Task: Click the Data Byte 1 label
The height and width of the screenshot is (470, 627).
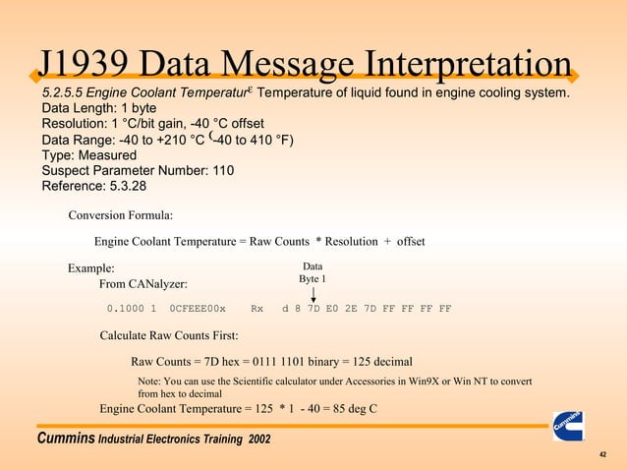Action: pos(313,272)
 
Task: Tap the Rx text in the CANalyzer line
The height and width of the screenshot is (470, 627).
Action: pos(257,309)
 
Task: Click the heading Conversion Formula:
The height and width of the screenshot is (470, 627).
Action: pos(121,214)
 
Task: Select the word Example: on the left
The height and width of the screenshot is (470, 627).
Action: pos(90,268)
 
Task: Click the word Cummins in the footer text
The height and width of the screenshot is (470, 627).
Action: pos(65,438)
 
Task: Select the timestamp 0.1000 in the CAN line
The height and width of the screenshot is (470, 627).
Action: pos(125,309)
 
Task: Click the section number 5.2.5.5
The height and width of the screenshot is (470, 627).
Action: pos(65,93)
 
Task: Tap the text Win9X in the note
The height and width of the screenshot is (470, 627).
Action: pos(424,381)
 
